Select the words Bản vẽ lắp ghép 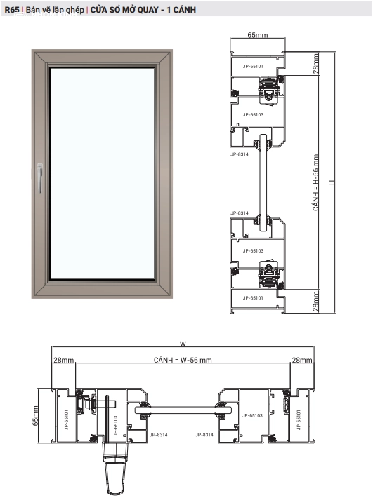(x=55, y=9)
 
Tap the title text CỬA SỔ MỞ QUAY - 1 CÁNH (x=143, y=9)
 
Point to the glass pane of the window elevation (x=102, y=175)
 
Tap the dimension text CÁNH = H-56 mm (x=316, y=183)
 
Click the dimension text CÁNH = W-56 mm (x=183, y=360)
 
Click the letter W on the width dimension (x=183, y=344)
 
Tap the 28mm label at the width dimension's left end (x=63, y=360)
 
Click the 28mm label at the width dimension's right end (x=303, y=360)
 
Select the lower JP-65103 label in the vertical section (x=253, y=250)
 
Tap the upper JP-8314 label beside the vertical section (x=240, y=152)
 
